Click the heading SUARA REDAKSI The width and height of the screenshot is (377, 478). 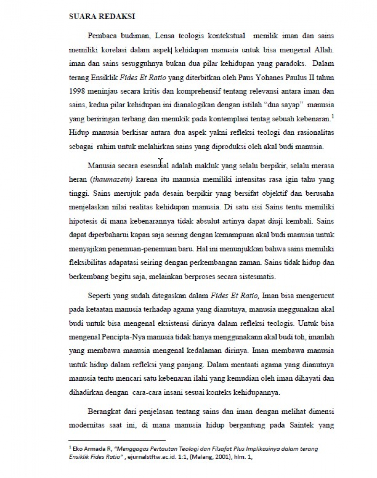(102, 16)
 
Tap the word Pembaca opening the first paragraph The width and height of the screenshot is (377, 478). (102, 36)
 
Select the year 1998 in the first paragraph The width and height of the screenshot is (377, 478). (76, 91)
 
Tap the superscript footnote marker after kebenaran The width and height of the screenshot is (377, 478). (333, 117)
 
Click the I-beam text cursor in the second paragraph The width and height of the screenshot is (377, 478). (161, 162)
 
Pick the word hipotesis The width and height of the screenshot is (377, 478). (83, 221)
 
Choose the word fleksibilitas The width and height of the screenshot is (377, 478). (87, 262)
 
